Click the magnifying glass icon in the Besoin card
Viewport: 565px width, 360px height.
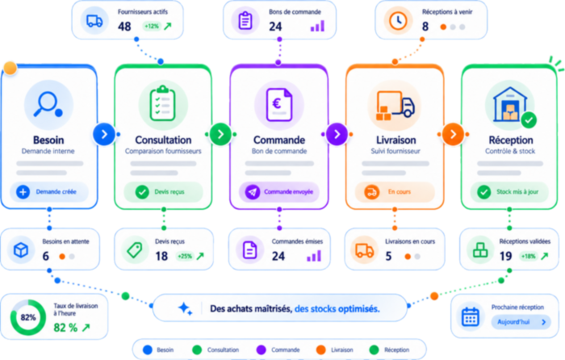coord(48,105)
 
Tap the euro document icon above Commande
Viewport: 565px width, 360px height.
coord(279,104)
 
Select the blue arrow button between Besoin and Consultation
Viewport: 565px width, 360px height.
coord(104,135)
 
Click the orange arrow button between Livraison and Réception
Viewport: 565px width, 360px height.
coord(453,135)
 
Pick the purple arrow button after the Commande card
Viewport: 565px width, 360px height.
coord(337,135)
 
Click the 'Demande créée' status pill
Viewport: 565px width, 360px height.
coord(48,192)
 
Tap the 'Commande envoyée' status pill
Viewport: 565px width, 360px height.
coord(279,192)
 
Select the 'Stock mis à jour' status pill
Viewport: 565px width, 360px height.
coord(509,192)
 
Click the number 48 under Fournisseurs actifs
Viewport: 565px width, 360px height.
coord(124,27)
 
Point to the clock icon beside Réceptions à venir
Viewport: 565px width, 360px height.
coord(398,20)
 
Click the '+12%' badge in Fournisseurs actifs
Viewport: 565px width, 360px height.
coord(152,26)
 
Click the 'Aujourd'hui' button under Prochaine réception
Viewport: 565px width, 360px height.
coord(521,322)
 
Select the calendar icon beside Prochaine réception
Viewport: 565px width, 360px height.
coord(471,317)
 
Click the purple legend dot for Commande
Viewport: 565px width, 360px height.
coord(261,350)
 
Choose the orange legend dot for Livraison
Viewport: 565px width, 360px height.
coord(320,350)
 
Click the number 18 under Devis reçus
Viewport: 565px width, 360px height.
coord(161,256)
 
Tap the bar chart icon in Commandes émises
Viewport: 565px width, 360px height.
coord(314,256)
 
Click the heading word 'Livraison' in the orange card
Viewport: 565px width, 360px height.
coord(396,140)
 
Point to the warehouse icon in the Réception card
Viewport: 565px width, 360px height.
coord(509,104)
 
